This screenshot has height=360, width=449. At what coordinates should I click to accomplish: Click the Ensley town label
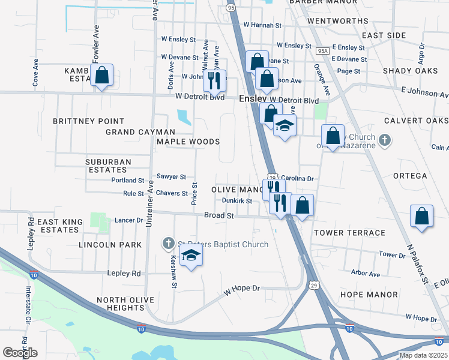[x=253, y=99]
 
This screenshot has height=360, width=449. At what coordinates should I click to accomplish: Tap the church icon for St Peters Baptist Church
[x=169, y=244]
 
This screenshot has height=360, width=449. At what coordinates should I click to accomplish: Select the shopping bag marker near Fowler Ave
[x=102, y=76]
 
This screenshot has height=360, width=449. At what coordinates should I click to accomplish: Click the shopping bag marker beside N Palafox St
[x=422, y=217]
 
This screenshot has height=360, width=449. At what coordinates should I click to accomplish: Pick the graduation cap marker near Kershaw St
[x=191, y=256]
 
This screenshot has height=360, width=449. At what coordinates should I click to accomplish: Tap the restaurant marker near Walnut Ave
[x=214, y=80]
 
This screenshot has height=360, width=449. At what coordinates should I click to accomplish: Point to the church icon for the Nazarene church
[x=385, y=141]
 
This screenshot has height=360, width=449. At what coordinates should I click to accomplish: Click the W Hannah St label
[x=262, y=26]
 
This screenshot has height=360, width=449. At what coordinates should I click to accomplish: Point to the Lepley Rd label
[x=124, y=274]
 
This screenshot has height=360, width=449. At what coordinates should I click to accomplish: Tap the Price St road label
[x=194, y=194]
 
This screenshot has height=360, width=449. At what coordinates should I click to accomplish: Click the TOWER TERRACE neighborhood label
[x=349, y=233]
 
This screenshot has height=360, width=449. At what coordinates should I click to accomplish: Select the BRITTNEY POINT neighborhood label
[x=88, y=121]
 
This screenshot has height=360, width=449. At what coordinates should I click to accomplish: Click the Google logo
[x=20, y=353]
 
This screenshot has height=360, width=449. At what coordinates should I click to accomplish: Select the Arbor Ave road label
[x=366, y=274]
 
